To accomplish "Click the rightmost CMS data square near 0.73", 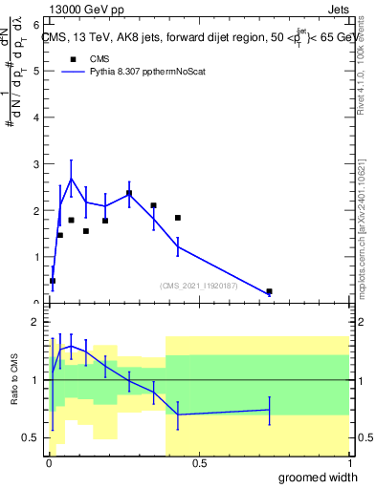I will (x=269, y=291).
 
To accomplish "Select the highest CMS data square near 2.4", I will (x=128, y=194).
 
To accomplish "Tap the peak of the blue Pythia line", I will (x=71, y=179).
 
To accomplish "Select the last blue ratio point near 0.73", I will (x=269, y=410).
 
